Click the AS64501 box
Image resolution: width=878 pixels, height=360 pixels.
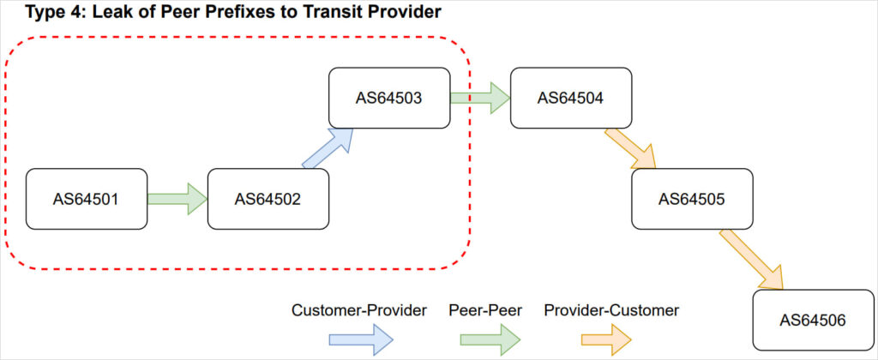point(87,199)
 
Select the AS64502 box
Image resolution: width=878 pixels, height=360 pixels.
point(268,199)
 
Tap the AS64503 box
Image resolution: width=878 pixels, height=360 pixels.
point(389,97)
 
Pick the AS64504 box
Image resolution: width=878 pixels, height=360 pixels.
point(570,97)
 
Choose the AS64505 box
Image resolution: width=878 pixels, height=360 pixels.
point(692,199)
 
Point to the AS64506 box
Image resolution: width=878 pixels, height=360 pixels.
point(813,320)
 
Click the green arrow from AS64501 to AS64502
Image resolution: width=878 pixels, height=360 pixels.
point(177,199)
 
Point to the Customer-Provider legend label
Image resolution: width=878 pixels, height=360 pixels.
point(359,310)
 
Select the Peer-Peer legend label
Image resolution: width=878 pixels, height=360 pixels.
point(484,310)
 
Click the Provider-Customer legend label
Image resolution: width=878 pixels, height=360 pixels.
point(611,310)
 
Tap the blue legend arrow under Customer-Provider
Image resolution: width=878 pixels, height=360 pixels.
point(361,341)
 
